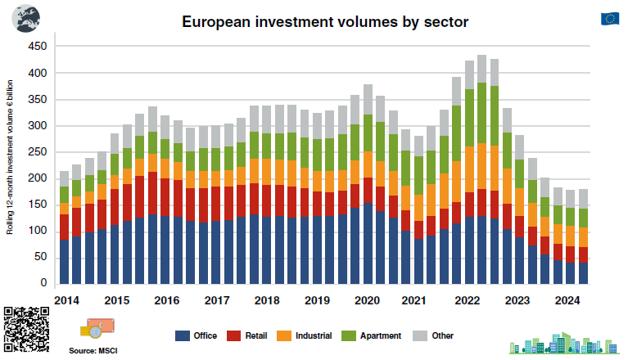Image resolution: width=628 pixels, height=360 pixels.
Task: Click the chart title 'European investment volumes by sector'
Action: click(x=324, y=22)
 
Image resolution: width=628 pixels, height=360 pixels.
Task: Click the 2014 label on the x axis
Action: click(x=68, y=299)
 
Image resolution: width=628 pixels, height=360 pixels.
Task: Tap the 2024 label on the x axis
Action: click(x=567, y=299)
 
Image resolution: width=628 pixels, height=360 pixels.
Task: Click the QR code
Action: click(x=24, y=330)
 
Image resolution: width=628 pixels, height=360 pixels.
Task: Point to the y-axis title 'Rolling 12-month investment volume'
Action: click(x=11, y=156)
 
